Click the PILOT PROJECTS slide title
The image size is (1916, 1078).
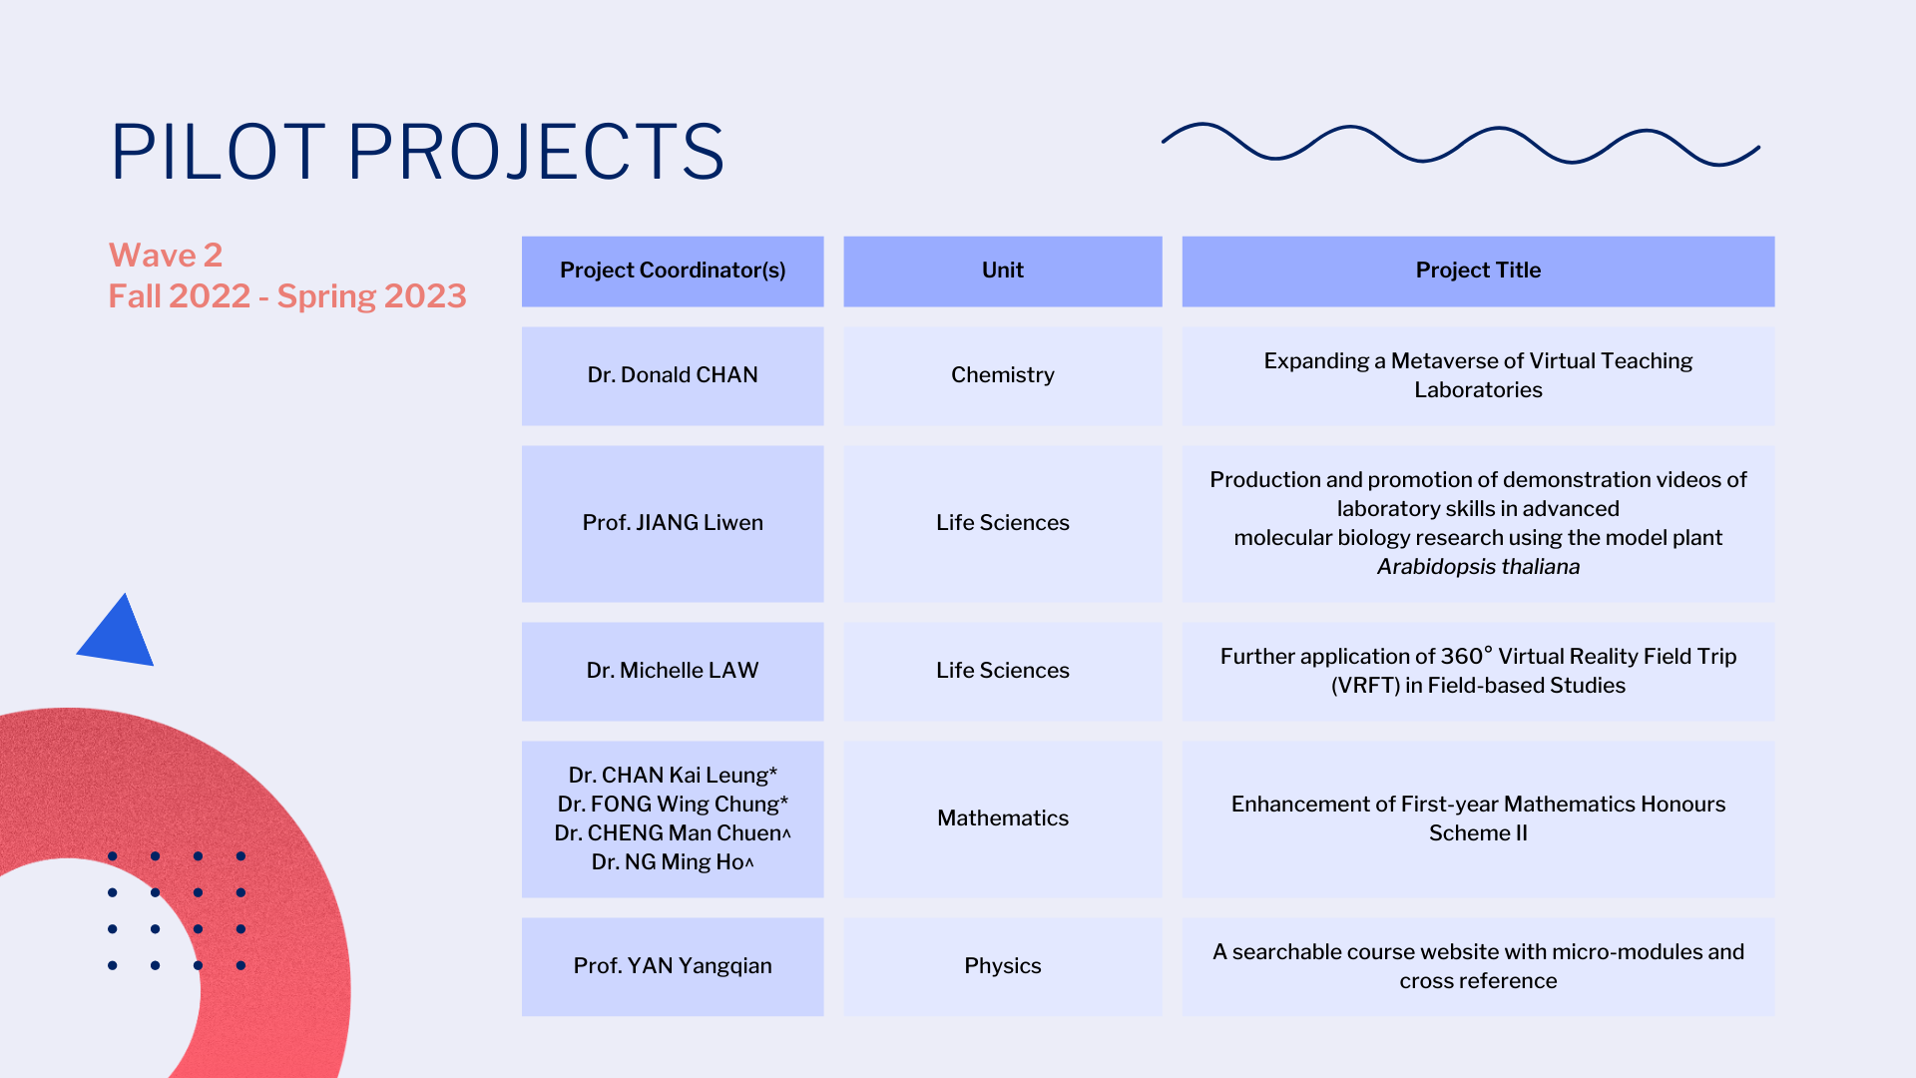[x=417, y=152]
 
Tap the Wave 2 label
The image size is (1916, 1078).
[x=166, y=256]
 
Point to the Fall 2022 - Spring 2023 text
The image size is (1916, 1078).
[x=287, y=296]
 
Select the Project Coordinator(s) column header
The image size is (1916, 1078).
[x=673, y=270]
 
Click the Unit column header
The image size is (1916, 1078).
[x=1003, y=270]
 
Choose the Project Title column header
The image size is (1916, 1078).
[x=1478, y=270]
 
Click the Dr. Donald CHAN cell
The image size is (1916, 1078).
[x=673, y=375]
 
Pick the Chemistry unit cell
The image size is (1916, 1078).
[x=1003, y=375]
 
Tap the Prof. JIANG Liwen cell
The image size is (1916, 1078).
[x=673, y=523]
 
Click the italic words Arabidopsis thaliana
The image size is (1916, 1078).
[x=1478, y=567]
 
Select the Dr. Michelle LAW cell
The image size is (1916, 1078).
[x=673, y=671]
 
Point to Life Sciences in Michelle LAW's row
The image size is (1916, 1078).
[x=1003, y=671]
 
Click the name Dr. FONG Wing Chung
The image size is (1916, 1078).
[x=673, y=805]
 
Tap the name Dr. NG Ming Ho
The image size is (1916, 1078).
[x=673, y=862]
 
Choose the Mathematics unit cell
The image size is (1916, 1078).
[x=1003, y=818]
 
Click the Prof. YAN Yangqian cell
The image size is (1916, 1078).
[x=673, y=966]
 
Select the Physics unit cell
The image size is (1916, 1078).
[x=1003, y=966]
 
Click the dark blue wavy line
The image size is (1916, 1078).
[x=1462, y=144]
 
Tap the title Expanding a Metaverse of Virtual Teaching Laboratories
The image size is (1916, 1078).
[x=1478, y=375]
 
